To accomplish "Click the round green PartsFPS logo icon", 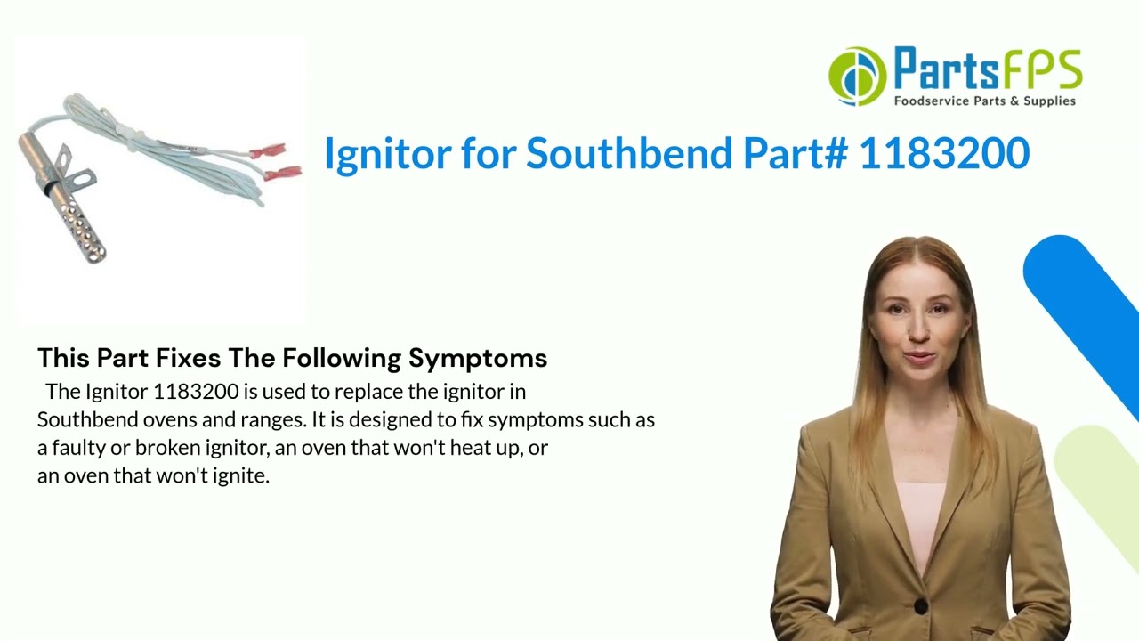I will click(x=857, y=77).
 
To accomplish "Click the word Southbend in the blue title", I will click(x=632, y=153).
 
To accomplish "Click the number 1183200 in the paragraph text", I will click(x=196, y=392).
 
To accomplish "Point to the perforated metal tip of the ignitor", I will click(x=83, y=231).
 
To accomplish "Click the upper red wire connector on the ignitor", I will click(x=268, y=151).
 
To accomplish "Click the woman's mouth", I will click(x=918, y=359).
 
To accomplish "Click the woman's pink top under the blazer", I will click(x=918, y=516).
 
